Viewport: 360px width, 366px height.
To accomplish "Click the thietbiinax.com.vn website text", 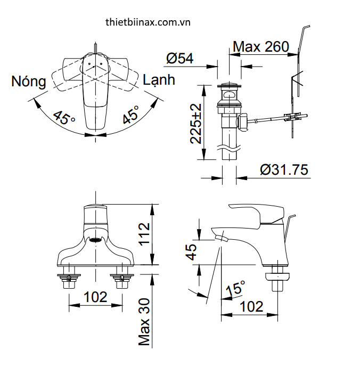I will [x=148, y=23].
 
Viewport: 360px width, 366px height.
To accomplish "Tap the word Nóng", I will [x=29, y=82].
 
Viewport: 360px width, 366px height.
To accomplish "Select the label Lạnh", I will [x=159, y=80].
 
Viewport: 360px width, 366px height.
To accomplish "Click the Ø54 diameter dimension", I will [x=179, y=58].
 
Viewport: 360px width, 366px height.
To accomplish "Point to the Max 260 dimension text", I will [x=261, y=46].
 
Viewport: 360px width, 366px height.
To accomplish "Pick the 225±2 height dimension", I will [x=196, y=124].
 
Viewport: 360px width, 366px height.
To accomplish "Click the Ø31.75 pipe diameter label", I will [x=284, y=169].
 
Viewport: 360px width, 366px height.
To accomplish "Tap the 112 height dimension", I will [x=143, y=234].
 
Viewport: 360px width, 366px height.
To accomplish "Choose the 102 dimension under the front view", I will [x=96, y=297].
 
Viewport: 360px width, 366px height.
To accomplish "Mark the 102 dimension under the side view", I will [x=251, y=306].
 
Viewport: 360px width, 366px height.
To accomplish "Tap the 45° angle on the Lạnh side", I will [x=130, y=115].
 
